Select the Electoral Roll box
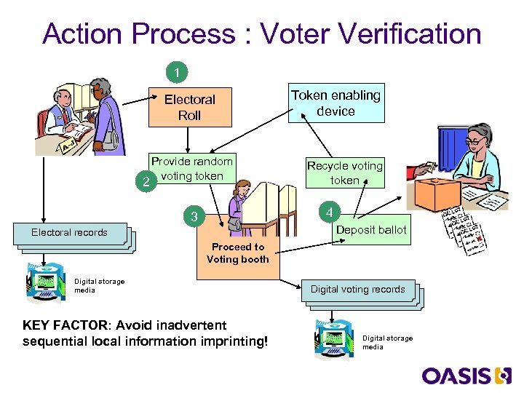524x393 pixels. (x=189, y=107)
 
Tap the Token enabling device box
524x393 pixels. (x=336, y=103)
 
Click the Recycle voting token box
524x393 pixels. (x=344, y=172)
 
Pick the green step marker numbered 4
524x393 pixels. (x=330, y=213)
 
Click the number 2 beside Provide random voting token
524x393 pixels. (x=148, y=183)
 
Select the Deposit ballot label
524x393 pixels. (x=371, y=230)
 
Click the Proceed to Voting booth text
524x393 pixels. (x=238, y=253)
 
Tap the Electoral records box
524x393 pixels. (x=69, y=233)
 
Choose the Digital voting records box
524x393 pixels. (x=357, y=290)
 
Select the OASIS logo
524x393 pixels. (x=466, y=376)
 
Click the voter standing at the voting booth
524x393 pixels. (x=237, y=204)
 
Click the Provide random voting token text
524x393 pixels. (x=192, y=169)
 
